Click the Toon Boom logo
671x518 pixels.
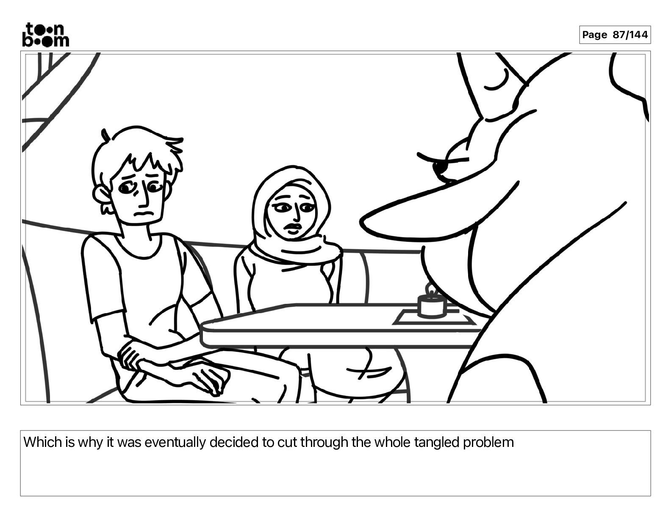click(x=46, y=35)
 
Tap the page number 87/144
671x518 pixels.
click(x=630, y=35)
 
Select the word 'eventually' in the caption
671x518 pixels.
click(x=175, y=443)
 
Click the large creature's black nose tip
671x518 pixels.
click(x=440, y=168)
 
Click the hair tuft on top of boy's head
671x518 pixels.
click(x=105, y=135)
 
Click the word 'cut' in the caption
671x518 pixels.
click(x=285, y=443)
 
